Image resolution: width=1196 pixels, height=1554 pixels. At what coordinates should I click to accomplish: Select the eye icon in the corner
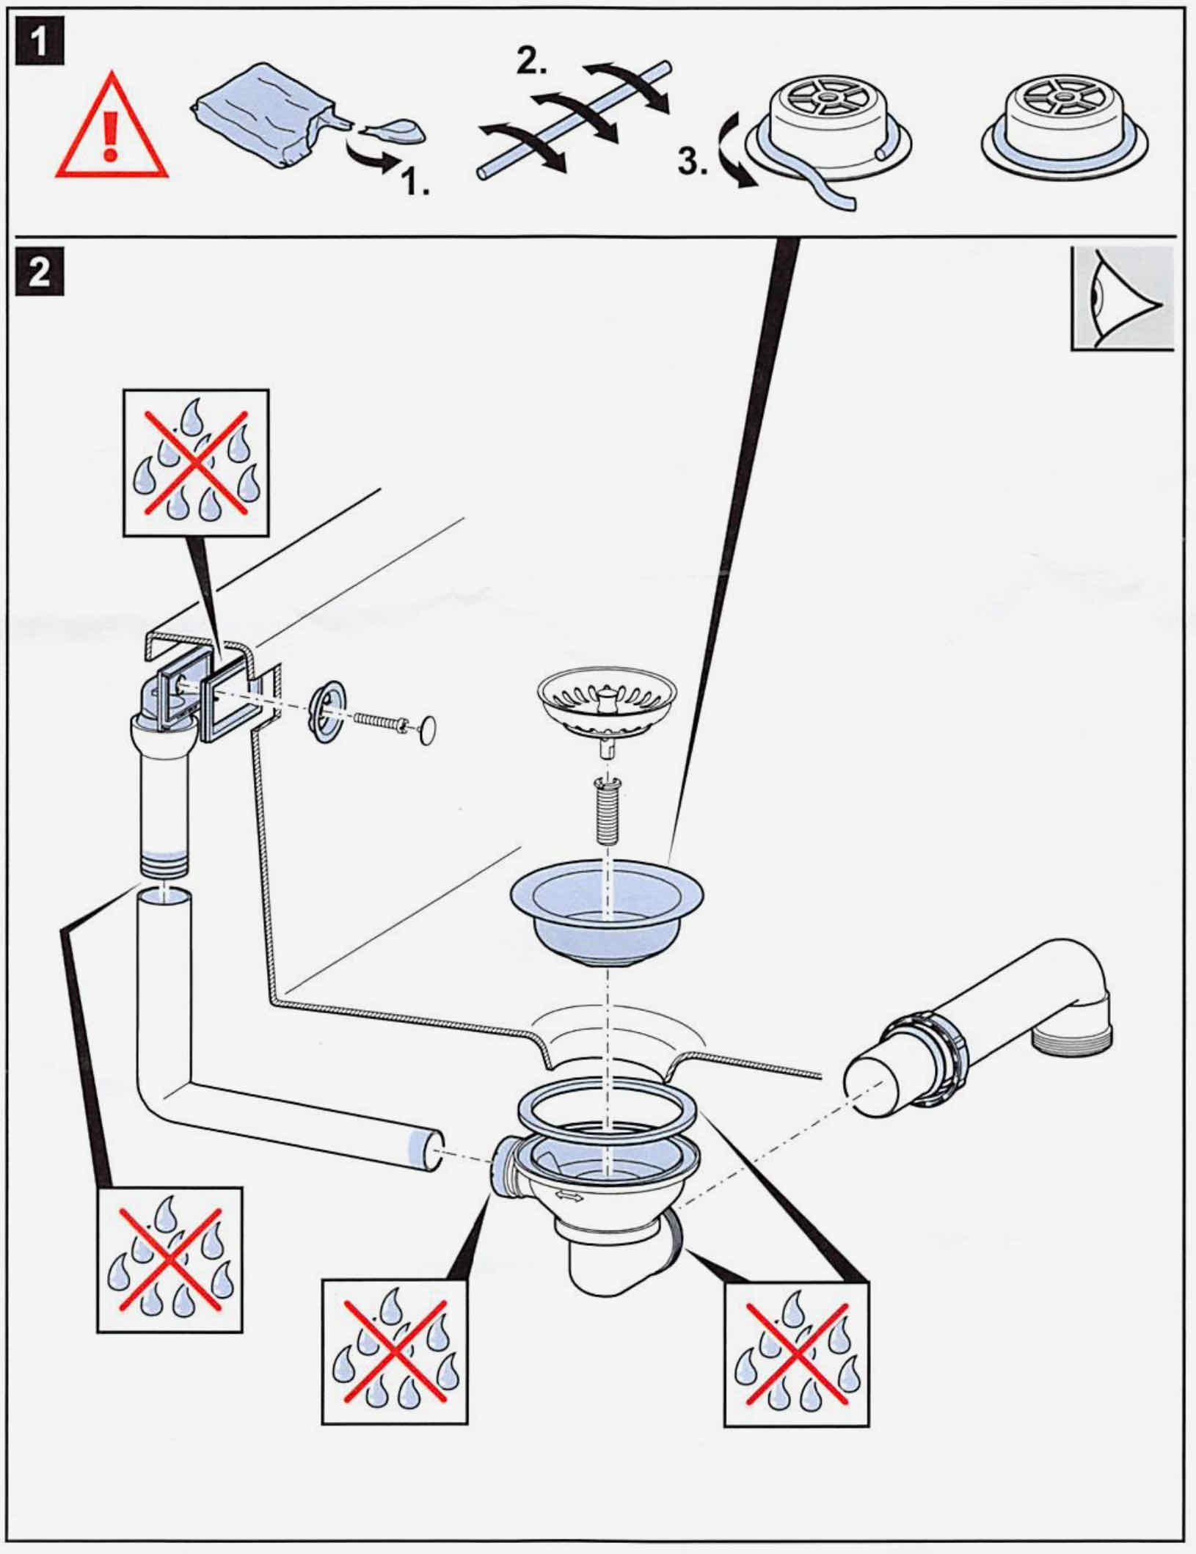pyautogui.click(x=1122, y=299)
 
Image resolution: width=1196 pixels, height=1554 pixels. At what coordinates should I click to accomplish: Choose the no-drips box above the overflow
pyautogui.click(x=195, y=462)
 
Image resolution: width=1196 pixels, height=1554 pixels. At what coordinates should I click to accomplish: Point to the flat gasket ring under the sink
pyautogui.click(x=606, y=1112)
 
